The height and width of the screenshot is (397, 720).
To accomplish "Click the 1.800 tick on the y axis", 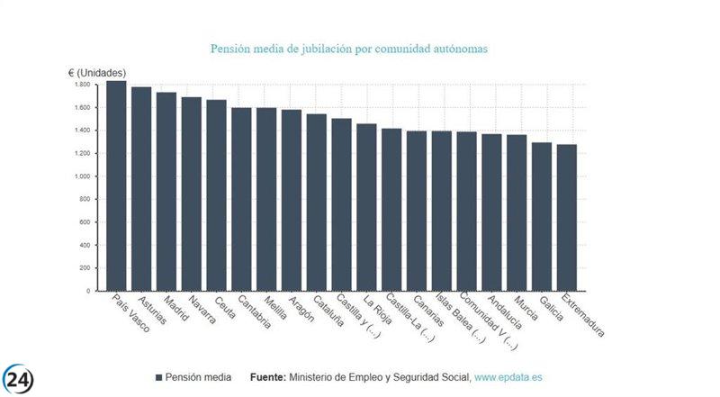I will tap(82, 85).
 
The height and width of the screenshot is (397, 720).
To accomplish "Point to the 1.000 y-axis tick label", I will tap(82, 176).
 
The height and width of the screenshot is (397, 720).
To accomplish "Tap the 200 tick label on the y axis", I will tap(85, 268).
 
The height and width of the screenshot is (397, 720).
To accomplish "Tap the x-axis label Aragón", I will tap(300, 310).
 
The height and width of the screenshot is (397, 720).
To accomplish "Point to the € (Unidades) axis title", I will tap(98, 71).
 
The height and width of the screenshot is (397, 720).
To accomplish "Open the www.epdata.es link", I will tap(515, 377).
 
